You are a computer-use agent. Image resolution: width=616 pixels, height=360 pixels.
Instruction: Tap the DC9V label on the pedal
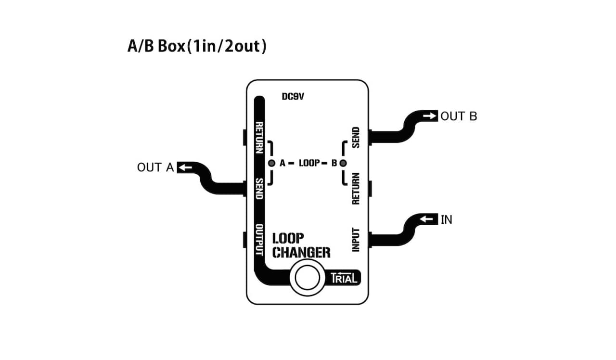click(x=293, y=97)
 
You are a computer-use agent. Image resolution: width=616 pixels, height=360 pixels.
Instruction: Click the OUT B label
click(x=459, y=116)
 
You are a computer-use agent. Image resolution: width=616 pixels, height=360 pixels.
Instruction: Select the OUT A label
click(x=155, y=167)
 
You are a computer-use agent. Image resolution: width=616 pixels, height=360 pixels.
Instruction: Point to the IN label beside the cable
click(x=447, y=219)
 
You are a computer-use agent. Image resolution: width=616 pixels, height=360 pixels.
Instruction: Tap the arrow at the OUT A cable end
click(x=185, y=167)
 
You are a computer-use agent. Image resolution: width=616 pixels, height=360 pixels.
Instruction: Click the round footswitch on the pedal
click(x=308, y=278)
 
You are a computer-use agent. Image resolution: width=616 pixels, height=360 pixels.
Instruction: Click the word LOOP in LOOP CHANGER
click(x=288, y=238)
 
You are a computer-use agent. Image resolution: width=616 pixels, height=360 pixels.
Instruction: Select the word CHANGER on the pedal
click(x=301, y=252)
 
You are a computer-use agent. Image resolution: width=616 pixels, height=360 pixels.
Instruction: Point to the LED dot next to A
click(x=271, y=163)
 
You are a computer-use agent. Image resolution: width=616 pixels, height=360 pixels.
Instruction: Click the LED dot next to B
click(x=343, y=163)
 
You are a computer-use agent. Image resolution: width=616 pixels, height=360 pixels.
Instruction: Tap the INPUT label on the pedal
click(x=356, y=239)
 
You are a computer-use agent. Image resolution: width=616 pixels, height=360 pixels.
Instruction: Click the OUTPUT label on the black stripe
click(x=259, y=240)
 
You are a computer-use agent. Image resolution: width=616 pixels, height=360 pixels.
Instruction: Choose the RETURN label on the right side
click(x=356, y=189)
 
